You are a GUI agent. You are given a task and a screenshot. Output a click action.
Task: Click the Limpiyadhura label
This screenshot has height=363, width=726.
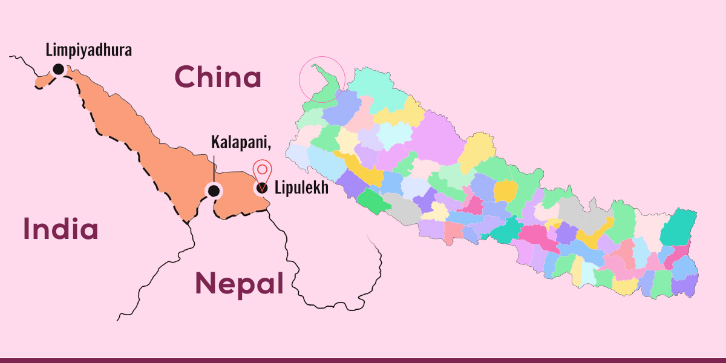(x=88, y=49)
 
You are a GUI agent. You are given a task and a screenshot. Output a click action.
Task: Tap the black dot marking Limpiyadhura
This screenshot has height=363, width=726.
(x=58, y=69)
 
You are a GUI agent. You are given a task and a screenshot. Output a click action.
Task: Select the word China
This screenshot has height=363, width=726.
(x=218, y=77)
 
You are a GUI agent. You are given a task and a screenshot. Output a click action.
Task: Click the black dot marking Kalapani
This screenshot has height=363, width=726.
(x=213, y=191)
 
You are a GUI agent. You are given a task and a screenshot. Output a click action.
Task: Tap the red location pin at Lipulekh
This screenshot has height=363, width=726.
(x=261, y=173)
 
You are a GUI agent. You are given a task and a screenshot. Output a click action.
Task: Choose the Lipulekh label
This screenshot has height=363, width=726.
(x=301, y=188)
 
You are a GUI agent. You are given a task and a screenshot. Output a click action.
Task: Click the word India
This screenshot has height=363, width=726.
(x=60, y=229)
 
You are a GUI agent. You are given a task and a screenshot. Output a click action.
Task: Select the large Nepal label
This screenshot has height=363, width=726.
(x=239, y=283)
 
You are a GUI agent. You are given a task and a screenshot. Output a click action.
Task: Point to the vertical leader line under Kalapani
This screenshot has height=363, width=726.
(x=213, y=168)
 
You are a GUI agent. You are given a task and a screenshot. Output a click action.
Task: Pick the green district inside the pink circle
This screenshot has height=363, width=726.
(x=327, y=91)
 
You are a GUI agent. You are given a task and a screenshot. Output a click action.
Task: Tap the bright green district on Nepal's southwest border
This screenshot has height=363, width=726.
(x=370, y=201)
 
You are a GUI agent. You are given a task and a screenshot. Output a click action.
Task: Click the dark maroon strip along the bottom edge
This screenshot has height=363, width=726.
(x=363, y=360)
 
